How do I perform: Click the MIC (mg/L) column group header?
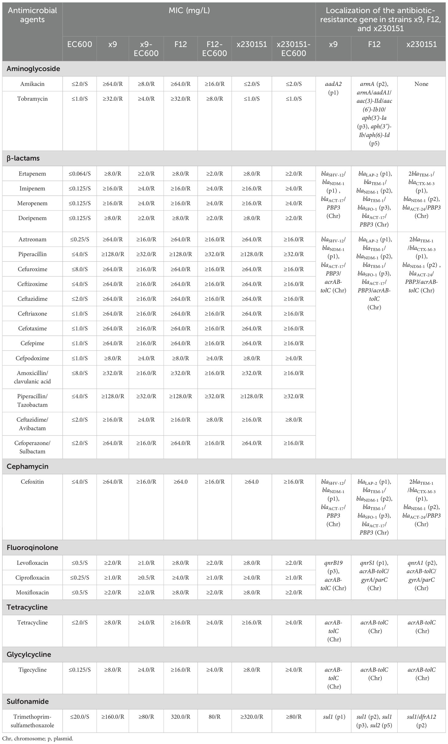189,11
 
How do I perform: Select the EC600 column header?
79,45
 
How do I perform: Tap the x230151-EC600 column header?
294,49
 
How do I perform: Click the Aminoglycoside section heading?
33,69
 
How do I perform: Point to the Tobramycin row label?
32,99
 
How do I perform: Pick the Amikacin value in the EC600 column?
79,84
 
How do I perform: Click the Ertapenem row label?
32,174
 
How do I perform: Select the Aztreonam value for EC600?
79,240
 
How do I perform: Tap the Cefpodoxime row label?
32,358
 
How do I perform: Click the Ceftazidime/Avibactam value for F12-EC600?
214,420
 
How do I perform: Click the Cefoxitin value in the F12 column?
180,482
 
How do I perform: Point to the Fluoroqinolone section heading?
32,548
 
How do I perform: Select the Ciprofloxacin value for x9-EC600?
146,578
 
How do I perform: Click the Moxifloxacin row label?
32,593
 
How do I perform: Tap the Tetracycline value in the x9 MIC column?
112,623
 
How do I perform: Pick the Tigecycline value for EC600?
79,670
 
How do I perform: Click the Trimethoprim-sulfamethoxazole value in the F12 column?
180,717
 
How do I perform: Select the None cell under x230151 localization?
421,84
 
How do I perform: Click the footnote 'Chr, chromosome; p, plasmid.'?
38,739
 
